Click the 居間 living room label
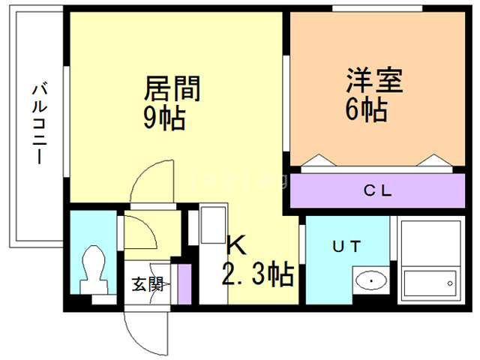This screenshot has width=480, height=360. [172, 88]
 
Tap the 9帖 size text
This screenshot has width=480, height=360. [164, 118]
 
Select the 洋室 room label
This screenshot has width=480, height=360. [375, 80]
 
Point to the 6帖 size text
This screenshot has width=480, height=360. [367, 109]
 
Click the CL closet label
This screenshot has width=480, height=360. [377, 190]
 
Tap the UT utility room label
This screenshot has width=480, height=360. [346, 247]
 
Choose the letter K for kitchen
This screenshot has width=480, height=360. [236, 244]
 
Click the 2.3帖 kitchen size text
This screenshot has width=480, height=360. [258, 274]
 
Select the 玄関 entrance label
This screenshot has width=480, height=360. [147, 284]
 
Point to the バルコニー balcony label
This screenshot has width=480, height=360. [40, 123]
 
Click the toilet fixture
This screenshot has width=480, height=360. [94, 270]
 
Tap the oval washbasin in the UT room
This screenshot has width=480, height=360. [371, 280]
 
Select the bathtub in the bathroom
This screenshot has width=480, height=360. [430, 283]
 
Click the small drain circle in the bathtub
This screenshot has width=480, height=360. [450, 283]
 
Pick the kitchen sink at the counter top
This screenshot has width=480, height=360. [213, 225]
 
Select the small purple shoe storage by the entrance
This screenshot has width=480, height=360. [184, 284]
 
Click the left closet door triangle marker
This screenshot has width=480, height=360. [319, 160]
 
